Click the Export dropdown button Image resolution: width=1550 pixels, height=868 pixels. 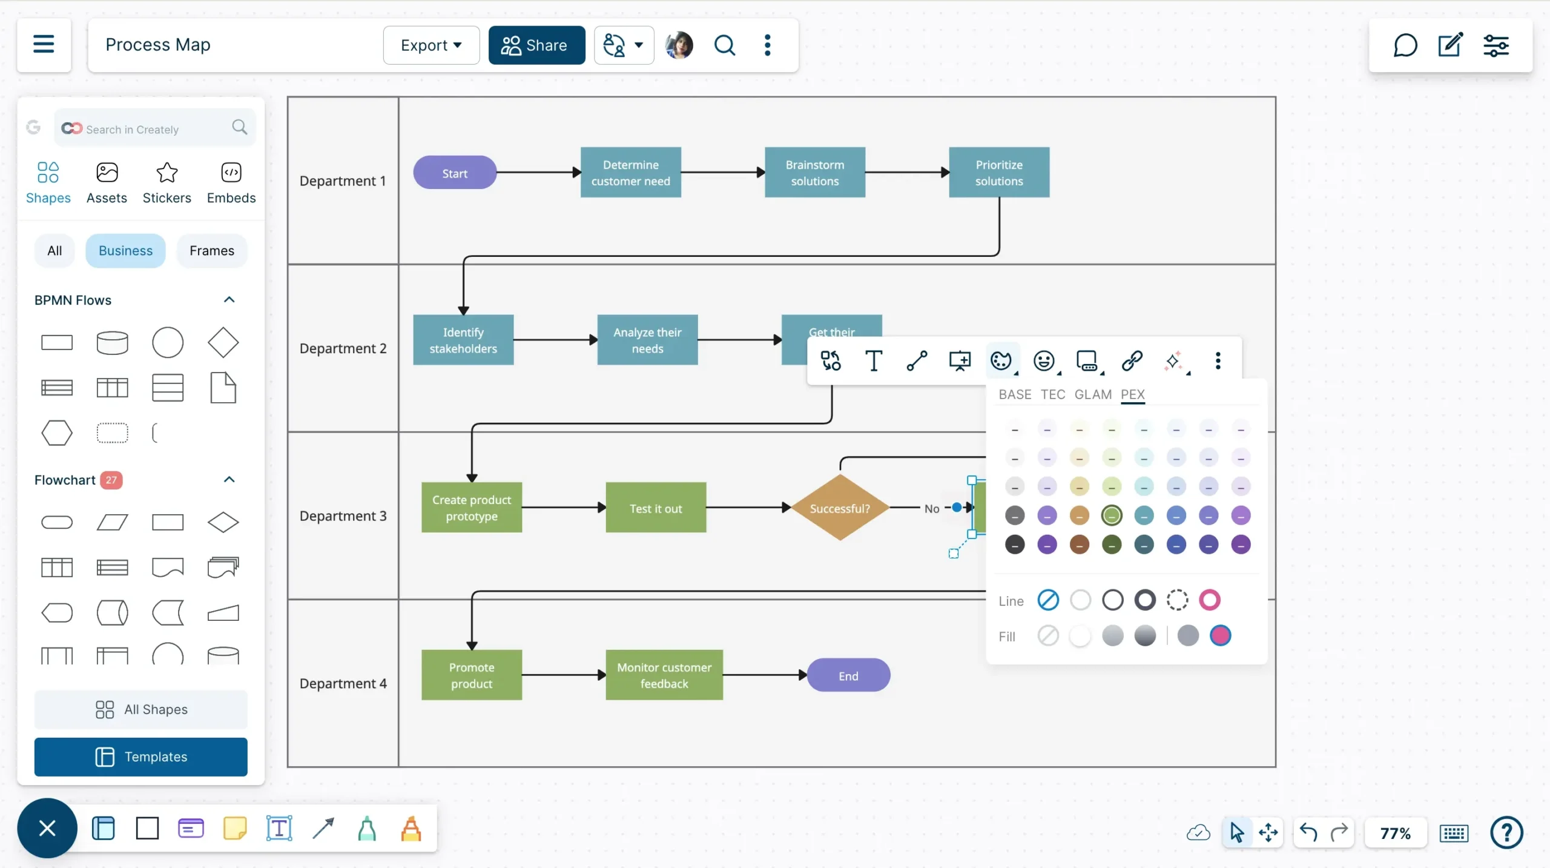click(x=431, y=45)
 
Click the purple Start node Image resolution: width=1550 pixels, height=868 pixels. click(x=455, y=173)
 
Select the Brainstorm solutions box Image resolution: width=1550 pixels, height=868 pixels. click(x=814, y=173)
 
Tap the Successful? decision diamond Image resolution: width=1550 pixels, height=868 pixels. click(x=839, y=508)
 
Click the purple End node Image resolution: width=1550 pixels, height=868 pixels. click(x=848, y=675)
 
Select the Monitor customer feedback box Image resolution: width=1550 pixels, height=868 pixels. click(x=664, y=675)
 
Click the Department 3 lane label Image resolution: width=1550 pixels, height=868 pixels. click(x=343, y=515)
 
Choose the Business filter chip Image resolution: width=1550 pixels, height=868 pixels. click(x=125, y=250)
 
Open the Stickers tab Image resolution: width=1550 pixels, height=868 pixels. click(x=167, y=182)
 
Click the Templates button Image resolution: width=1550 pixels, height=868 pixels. click(x=140, y=757)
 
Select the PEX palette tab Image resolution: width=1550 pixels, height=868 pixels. click(x=1132, y=394)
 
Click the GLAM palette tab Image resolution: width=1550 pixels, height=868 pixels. click(x=1093, y=394)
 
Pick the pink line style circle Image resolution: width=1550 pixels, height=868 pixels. click(x=1209, y=600)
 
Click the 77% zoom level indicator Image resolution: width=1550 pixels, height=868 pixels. click(x=1395, y=833)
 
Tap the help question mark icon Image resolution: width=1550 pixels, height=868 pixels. click(x=1506, y=833)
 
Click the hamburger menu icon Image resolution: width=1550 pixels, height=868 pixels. click(x=44, y=44)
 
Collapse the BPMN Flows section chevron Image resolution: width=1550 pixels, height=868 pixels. click(x=229, y=300)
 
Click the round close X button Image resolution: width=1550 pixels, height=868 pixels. click(x=47, y=827)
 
